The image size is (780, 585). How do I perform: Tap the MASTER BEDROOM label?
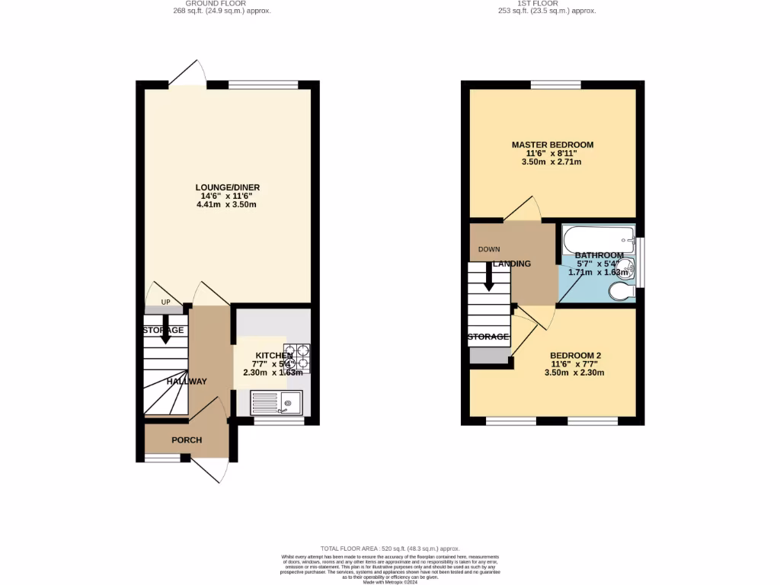[x=552, y=145]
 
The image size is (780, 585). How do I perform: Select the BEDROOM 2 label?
[x=576, y=355]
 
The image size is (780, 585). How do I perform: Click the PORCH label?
[x=187, y=440]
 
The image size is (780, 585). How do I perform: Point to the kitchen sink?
[x=277, y=401]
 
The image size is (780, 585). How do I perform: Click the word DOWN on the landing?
[x=489, y=249]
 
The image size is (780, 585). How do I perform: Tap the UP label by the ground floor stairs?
[x=165, y=301]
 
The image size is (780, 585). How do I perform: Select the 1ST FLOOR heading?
[x=546, y=3]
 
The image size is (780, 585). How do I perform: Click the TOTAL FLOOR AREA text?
[x=390, y=548]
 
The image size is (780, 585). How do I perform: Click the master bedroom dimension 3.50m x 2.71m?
[x=552, y=162]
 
